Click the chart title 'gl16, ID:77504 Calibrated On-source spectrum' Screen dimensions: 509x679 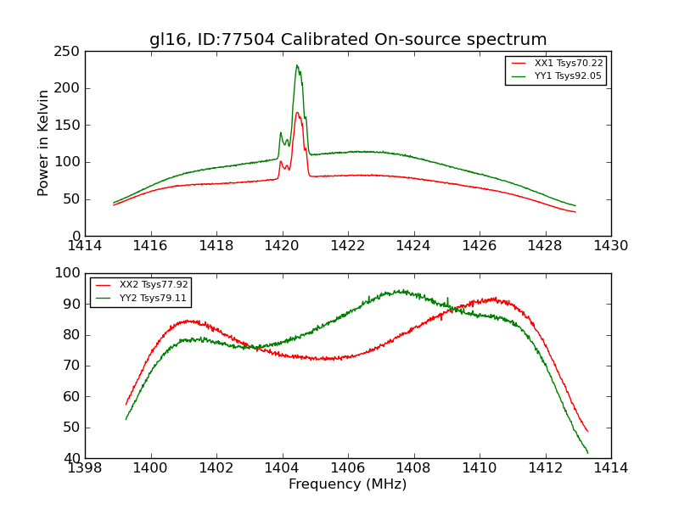348,40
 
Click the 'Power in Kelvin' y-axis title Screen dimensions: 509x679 43,143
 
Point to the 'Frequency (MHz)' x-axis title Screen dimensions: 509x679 348,484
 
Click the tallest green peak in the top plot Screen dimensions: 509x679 297,65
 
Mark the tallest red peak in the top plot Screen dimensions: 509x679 297,112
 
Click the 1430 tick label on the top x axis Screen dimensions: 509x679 610,246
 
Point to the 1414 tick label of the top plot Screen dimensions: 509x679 86,246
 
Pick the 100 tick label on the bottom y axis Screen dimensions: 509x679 69,273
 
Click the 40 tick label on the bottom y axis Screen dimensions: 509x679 72,458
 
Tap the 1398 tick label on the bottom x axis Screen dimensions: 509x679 86,467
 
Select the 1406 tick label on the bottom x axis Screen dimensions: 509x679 348,467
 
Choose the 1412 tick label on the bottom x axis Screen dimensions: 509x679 545,467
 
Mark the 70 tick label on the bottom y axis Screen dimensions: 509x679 72,366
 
